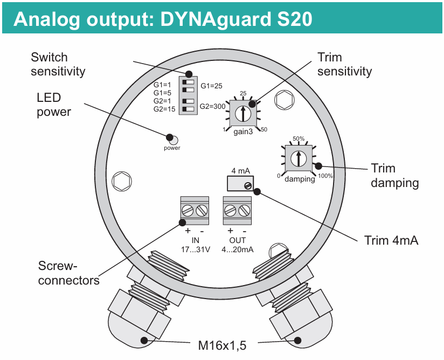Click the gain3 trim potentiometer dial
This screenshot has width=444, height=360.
243,113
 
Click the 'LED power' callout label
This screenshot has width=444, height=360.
53,105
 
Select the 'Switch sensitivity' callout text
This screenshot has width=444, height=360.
58,64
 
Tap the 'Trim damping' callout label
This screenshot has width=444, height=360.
394,176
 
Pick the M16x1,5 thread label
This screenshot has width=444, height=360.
221,344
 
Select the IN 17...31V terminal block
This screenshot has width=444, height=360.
195,211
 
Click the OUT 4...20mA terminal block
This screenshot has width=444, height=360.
238,211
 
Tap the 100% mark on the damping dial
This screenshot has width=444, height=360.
325,176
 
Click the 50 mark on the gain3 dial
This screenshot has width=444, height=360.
263,130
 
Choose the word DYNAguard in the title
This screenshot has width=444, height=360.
218,19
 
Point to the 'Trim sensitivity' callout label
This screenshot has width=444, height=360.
345,64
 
